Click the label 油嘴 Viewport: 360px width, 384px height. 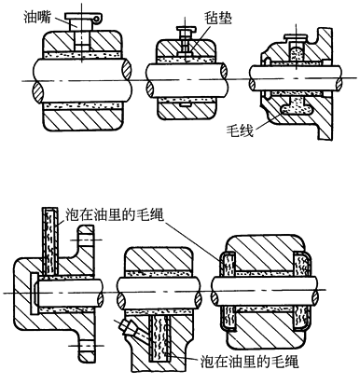[x=37, y=17]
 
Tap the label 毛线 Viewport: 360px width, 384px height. [x=240, y=130]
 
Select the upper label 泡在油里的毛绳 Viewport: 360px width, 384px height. [x=114, y=214]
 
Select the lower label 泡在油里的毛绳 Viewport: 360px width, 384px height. [x=249, y=362]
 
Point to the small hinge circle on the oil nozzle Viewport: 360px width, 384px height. [x=97, y=20]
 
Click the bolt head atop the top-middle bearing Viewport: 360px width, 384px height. [x=187, y=31]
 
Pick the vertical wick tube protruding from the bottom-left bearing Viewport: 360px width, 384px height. [x=50, y=240]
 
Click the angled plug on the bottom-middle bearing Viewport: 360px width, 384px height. [x=127, y=327]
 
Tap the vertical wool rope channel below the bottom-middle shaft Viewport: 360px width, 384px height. [x=159, y=338]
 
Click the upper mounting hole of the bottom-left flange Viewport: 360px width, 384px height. [x=86, y=240]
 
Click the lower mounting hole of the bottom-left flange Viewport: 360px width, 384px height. [x=85, y=346]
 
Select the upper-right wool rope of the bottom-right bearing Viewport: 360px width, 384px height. [x=301, y=264]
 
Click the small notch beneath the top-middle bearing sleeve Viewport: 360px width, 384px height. [x=186, y=105]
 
